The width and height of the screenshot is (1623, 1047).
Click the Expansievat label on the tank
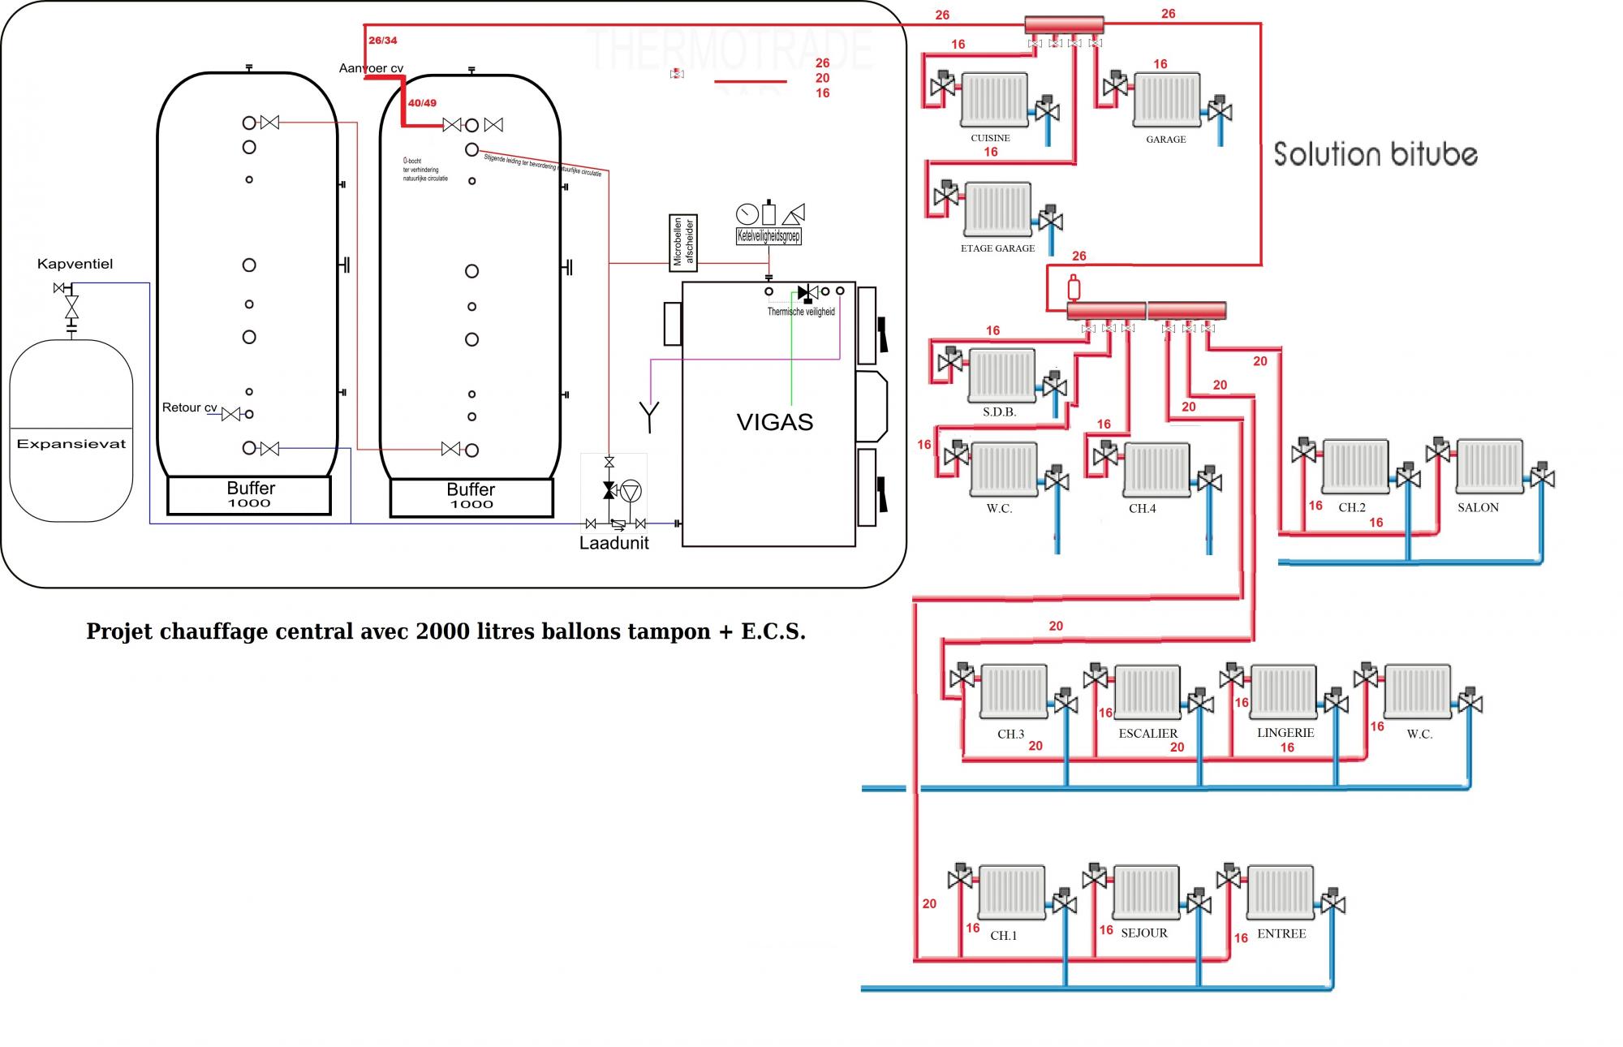(x=71, y=444)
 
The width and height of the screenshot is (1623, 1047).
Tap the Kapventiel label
(x=75, y=264)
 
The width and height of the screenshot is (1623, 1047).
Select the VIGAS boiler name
(x=774, y=422)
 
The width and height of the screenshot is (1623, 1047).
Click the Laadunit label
(x=613, y=543)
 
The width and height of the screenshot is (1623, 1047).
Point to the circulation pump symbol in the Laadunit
(x=631, y=490)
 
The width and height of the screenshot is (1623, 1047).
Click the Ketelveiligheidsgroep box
(x=768, y=236)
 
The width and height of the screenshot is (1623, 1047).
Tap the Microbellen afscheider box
(x=683, y=241)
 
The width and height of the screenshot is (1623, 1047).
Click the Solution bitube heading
(x=1375, y=154)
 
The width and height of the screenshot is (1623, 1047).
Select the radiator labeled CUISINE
(x=995, y=101)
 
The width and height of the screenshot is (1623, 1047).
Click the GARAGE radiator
(x=1166, y=101)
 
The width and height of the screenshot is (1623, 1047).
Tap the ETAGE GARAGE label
(x=997, y=248)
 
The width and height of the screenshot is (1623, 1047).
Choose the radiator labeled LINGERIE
(x=1283, y=692)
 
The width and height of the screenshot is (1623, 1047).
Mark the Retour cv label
(x=189, y=407)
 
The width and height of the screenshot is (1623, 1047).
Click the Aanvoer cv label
(x=371, y=68)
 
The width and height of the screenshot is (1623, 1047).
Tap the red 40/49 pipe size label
(x=422, y=103)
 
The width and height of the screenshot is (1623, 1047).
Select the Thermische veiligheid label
(x=801, y=312)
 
